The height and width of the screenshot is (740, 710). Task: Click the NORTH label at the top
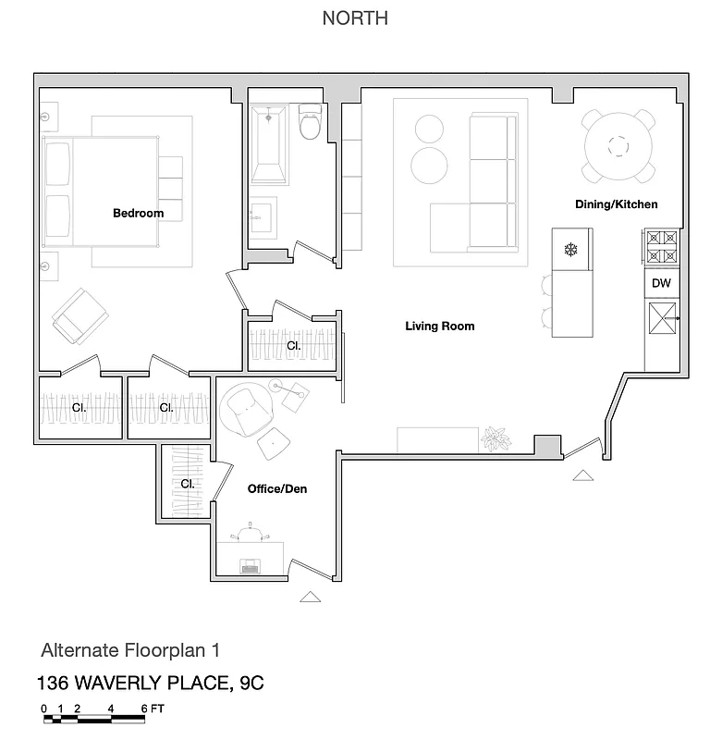pos(355,18)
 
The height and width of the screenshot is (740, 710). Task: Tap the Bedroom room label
pos(138,214)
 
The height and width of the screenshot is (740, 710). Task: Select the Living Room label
pos(439,327)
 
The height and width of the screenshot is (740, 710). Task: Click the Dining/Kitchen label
pos(617,204)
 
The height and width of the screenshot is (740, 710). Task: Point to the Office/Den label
pos(276,488)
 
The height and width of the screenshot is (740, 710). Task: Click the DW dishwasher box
pos(661,284)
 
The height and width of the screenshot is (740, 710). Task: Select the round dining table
pos(618,145)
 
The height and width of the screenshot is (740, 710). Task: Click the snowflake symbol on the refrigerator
pos(569,249)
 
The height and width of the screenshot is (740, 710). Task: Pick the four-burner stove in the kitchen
pos(661,247)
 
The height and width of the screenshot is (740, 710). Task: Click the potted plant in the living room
pos(497,438)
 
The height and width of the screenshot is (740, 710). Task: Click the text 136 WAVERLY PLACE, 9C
pos(150,684)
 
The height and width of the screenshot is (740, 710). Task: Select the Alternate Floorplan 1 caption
pos(129,651)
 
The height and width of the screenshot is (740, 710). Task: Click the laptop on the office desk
pos(250,566)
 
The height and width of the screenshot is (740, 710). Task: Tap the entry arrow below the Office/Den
pos(311,597)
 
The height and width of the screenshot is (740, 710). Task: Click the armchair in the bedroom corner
pos(80,315)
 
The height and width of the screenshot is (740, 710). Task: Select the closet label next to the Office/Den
pos(187,484)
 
